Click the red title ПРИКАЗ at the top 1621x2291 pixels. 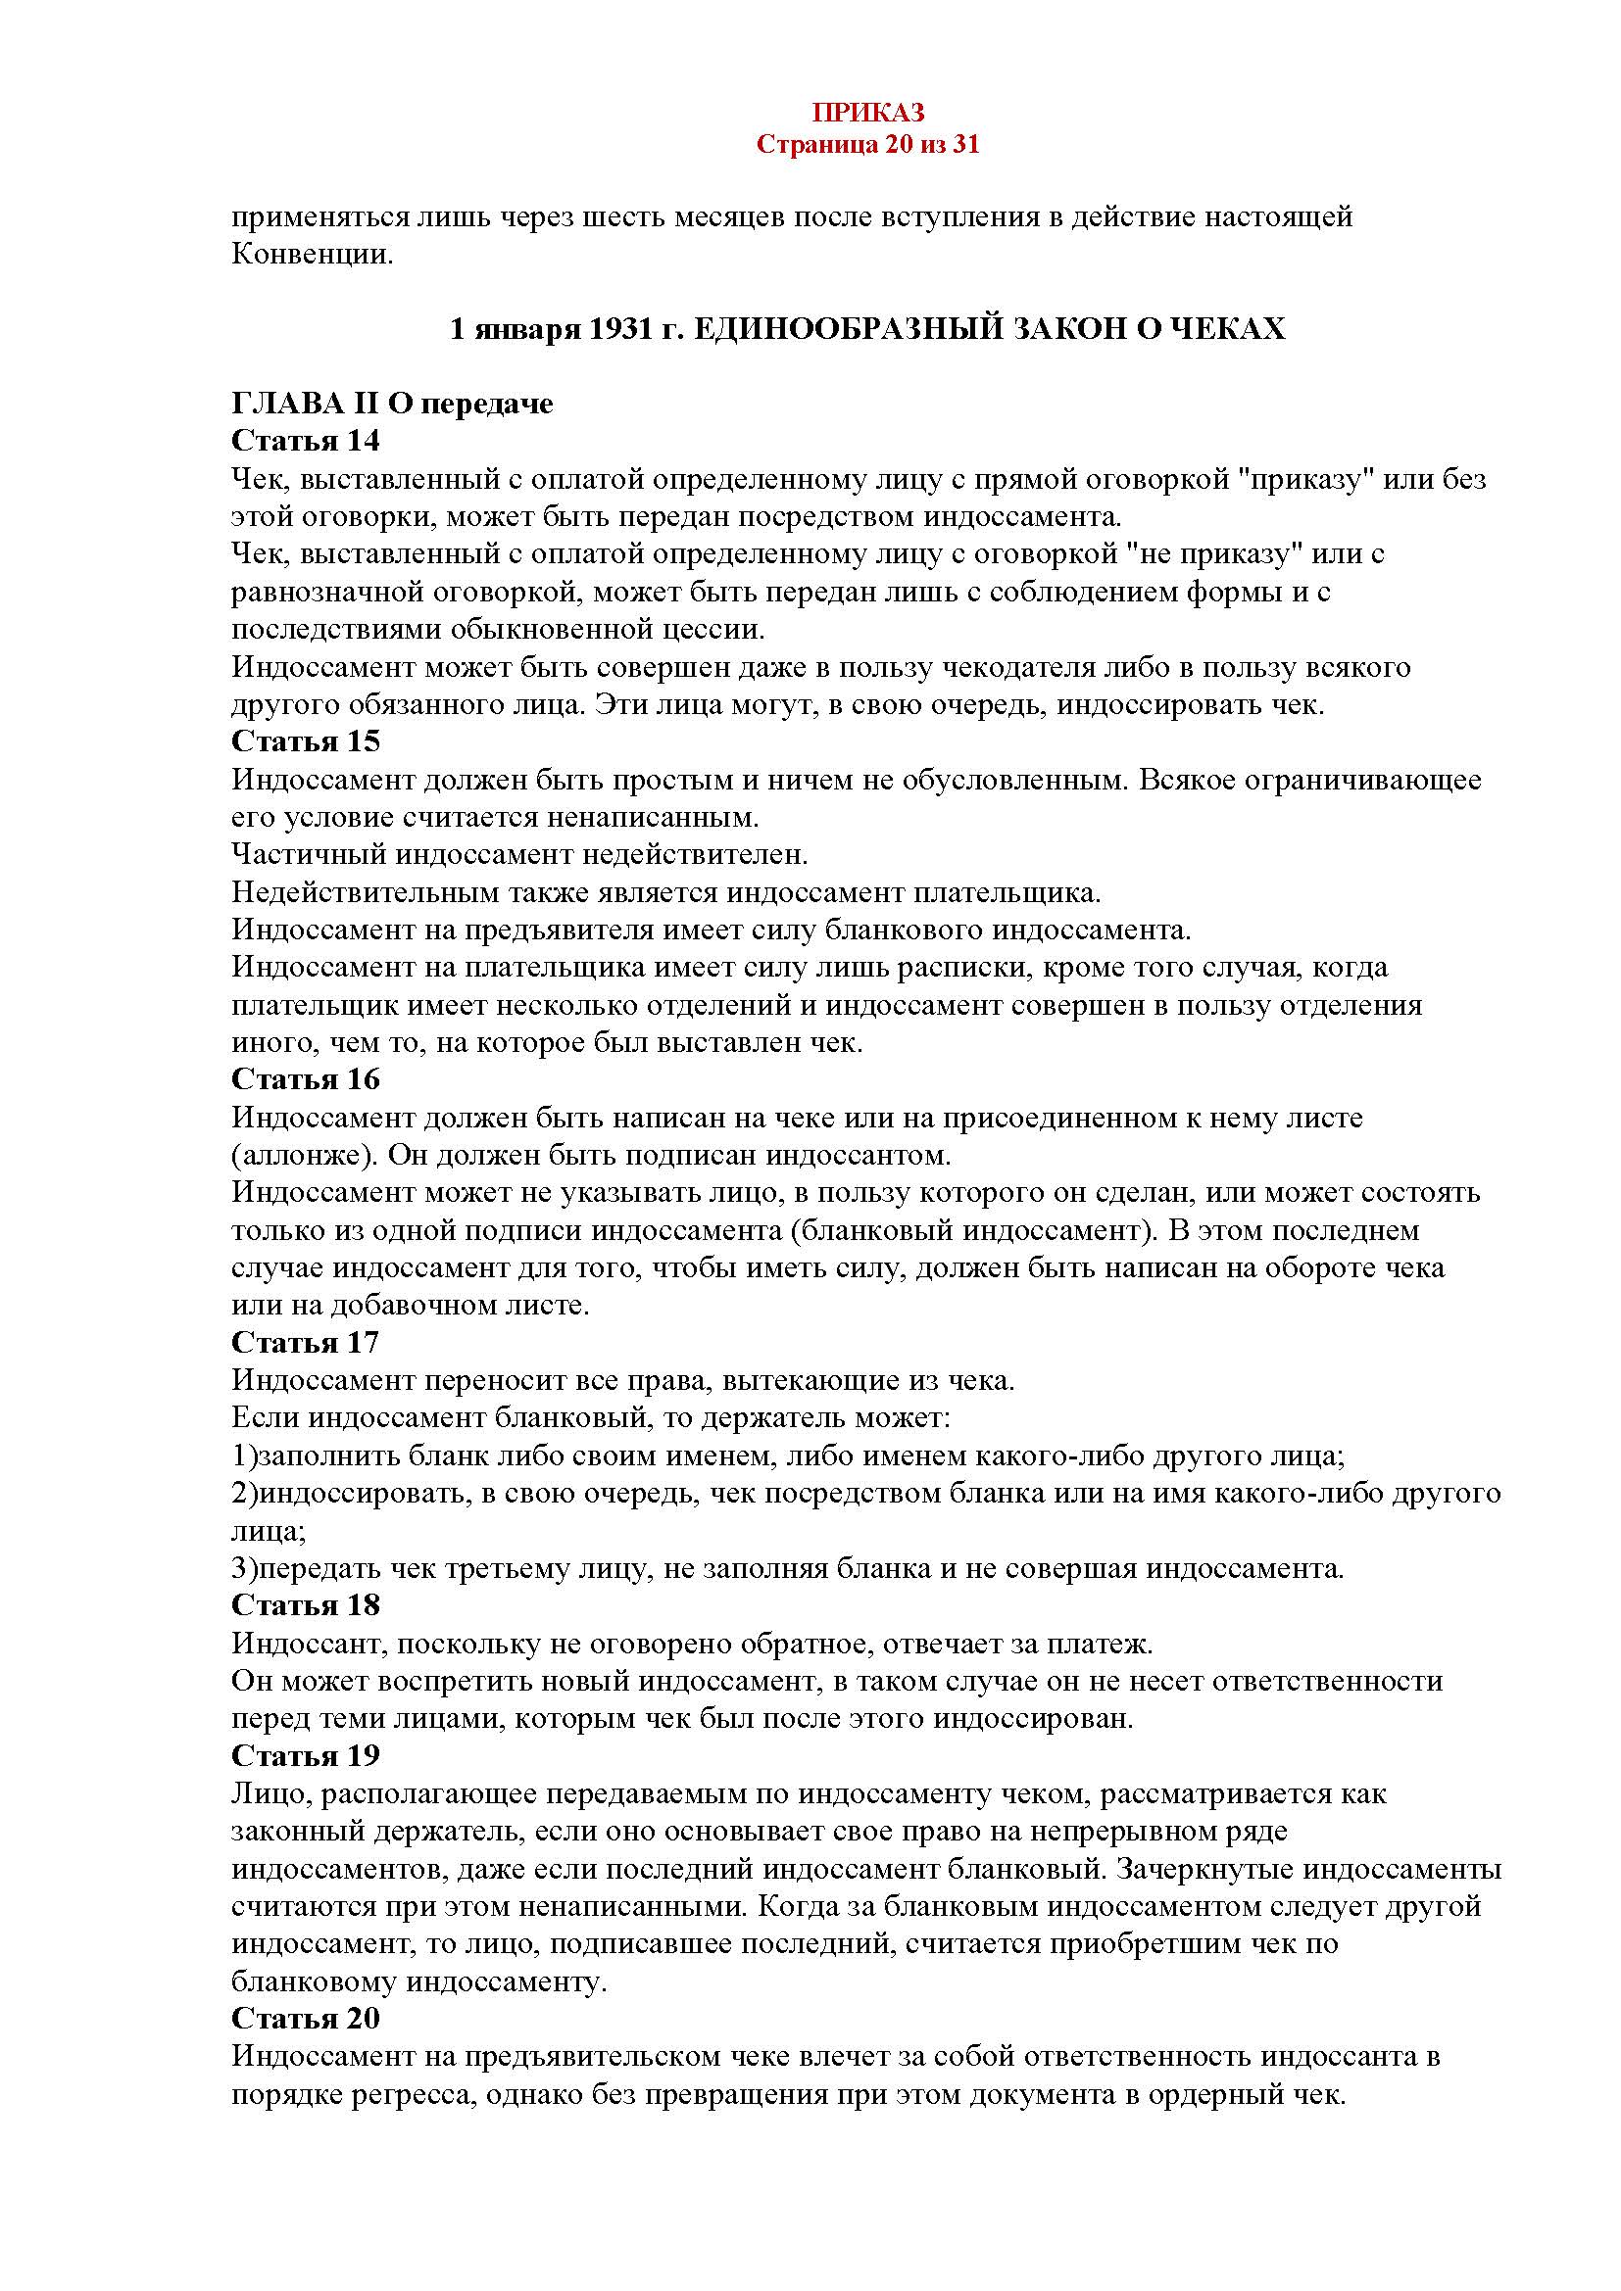(x=866, y=112)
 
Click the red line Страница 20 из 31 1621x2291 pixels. (x=866, y=146)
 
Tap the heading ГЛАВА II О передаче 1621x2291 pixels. (x=392, y=405)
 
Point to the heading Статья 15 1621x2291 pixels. (x=306, y=741)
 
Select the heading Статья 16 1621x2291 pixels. (x=306, y=1079)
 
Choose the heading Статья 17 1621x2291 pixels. (x=306, y=1343)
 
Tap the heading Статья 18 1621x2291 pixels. (x=306, y=1605)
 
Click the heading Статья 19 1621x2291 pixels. (x=306, y=1756)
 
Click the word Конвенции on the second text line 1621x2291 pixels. (x=313, y=255)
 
